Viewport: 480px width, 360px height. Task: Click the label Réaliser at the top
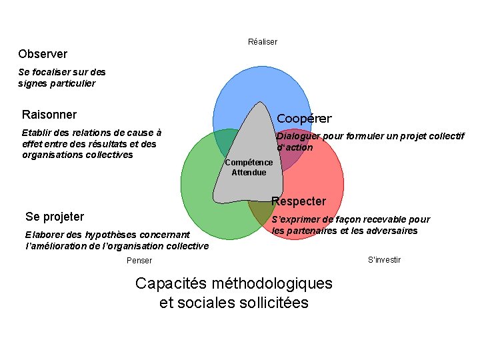pyautogui.click(x=262, y=41)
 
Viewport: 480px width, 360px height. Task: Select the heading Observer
pyautogui.click(x=43, y=53)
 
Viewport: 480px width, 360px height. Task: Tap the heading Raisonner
pyautogui.click(x=49, y=114)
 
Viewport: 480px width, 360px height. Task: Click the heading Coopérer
pyautogui.click(x=304, y=119)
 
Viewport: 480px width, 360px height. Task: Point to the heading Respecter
pyautogui.click(x=299, y=201)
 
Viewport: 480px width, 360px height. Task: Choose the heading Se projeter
pyautogui.click(x=55, y=216)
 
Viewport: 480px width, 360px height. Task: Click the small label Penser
pyautogui.click(x=139, y=261)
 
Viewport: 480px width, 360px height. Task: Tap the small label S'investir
pyautogui.click(x=384, y=259)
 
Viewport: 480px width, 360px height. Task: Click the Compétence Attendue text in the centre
pyautogui.click(x=249, y=167)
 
